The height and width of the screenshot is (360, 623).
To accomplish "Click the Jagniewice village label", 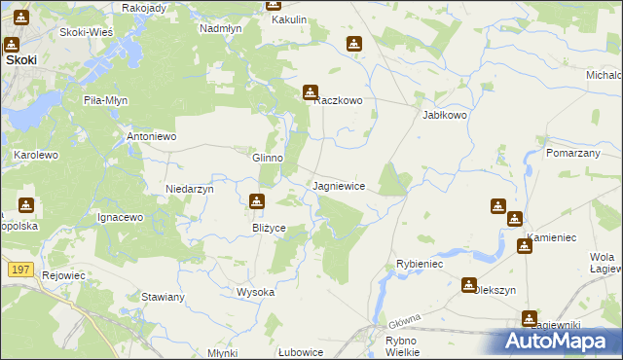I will click(x=339, y=185).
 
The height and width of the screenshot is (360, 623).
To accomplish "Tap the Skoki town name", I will click(x=21, y=59).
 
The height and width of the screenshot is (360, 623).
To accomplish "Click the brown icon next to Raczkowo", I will click(x=311, y=92).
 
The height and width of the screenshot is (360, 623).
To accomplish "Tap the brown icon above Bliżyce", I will click(x=256, y=202).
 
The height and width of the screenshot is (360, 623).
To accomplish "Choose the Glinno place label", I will click(x=268, y=158).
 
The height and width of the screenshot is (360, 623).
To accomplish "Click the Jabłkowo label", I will click(x=445, y=114).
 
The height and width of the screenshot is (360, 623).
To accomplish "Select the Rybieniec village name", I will click(x=420, y=264).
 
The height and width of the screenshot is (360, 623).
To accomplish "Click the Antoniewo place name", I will click(x=152, y=136).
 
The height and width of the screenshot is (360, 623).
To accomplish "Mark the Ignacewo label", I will click(x=121, y=217).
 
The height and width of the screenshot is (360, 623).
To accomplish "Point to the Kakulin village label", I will click(x=289, y=19).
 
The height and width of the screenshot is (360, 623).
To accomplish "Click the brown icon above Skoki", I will click(x=13, y=44).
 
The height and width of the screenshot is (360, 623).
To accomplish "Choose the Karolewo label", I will click(x=36, y=155).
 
